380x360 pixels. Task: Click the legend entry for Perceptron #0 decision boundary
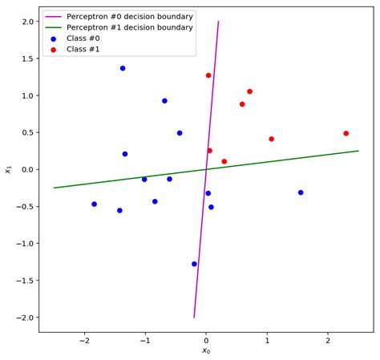(129, 16)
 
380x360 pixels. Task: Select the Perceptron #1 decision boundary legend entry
(129, 27)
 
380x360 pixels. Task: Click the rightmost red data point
(346, 134)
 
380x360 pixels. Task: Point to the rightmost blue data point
(301, 192)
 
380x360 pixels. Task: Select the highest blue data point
(123, 68)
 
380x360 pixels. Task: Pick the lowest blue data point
(194, 264)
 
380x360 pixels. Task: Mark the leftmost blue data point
(94, 204)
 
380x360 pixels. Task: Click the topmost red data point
(208, 75)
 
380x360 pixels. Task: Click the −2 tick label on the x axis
(82, 340)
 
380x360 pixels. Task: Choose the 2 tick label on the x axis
(328, 340)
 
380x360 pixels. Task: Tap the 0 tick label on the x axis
(206, 340)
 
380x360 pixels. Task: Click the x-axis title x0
(206, 351)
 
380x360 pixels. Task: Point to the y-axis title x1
(7, 169)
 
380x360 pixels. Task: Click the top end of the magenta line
(218, 22)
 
